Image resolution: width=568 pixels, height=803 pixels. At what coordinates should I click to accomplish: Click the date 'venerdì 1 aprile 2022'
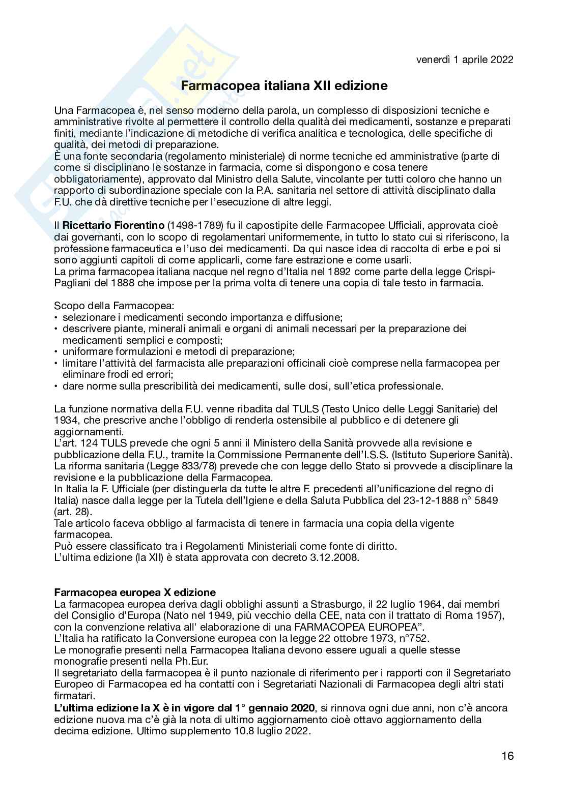[x=464, y=60]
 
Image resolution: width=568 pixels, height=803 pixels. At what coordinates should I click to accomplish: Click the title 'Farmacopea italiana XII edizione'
[x=284, y=85]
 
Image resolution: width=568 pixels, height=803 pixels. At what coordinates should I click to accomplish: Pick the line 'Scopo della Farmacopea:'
[x=113, y=306]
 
